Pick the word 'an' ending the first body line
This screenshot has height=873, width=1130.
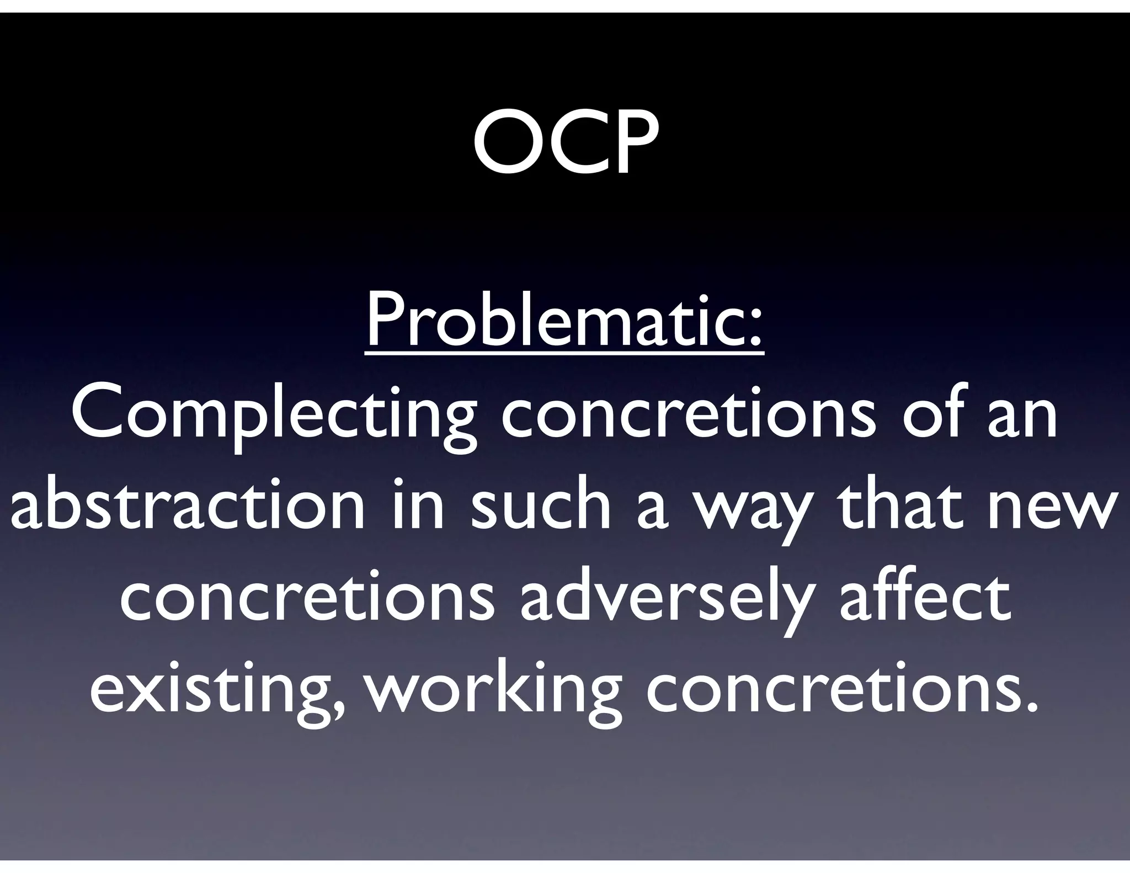(1024, 417)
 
